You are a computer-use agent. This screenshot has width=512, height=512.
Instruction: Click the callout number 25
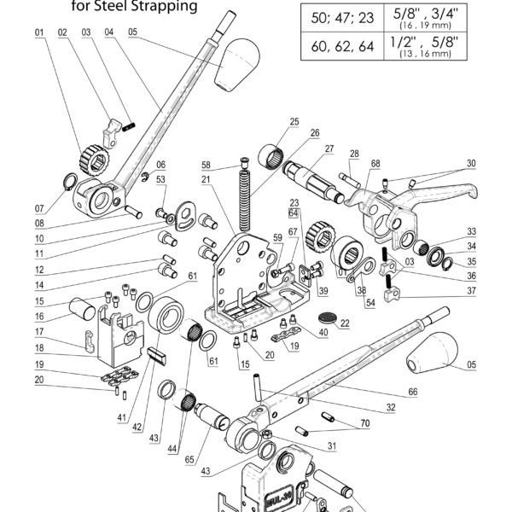tap(294, 122)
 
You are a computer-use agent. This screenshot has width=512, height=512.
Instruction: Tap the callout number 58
tap(206, 166)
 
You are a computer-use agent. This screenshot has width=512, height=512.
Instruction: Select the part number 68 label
tap(375, 164)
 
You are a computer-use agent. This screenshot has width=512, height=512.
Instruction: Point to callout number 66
tap(413, 392)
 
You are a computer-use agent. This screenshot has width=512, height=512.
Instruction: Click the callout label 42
tap(137, 428)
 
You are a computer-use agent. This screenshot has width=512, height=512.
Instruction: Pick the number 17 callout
tap(39, 332)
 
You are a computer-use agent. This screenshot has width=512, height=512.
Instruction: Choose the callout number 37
tap(471, 291)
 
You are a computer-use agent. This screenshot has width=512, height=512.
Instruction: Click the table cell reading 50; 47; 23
tap(342, 18)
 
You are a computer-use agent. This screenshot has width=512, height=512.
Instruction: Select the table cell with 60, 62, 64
tap(342, 46)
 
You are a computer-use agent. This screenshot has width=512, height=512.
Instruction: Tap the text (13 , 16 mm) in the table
tap(425, 54)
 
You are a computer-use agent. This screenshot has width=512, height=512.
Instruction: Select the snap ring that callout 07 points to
tap(70, 182)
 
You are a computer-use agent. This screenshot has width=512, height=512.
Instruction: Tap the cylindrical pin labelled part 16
tap(82, 309)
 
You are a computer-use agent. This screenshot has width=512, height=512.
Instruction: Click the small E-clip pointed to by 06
tap(145, 177)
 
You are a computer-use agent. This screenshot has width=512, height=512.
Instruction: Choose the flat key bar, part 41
tap(158, 355)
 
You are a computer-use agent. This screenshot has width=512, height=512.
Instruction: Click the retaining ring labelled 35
tap(449, 264)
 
